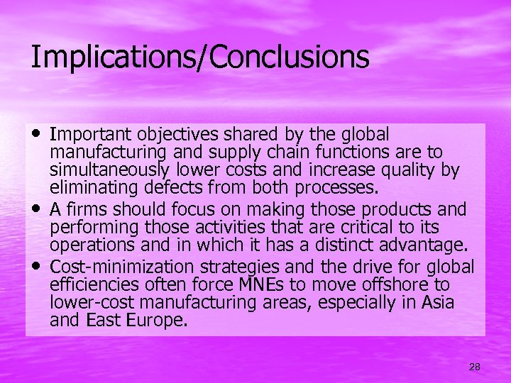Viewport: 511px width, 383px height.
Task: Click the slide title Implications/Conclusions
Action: click(199, 57)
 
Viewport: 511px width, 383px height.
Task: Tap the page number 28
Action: click(475, 367)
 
